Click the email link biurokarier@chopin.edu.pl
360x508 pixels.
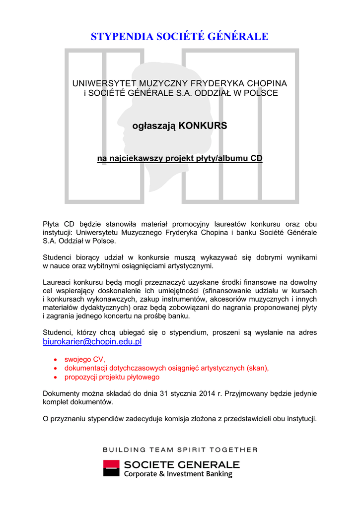[x=92, y=342]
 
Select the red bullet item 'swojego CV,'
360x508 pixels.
[x=85, y=359]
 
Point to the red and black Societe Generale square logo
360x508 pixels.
[x=111, y=468]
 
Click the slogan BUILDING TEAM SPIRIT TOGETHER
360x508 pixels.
[x=180, y=450]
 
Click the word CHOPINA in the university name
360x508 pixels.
[x=267, y=83]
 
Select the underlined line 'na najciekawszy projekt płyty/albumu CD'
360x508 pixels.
[x=180, y=159]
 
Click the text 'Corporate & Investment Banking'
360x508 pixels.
[x=178, y=474]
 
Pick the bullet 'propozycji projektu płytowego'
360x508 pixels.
[x=112, y=377]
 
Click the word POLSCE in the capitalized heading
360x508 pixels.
[x=262, y=93]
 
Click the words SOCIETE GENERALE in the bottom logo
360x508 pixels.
[x=181, y=465]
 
